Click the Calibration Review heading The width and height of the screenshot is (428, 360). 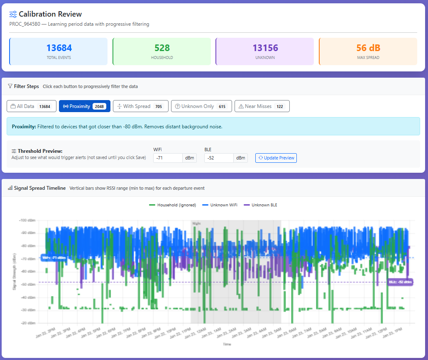[50, 14]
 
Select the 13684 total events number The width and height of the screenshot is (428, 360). [59, 48]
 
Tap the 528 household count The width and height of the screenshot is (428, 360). [162, 48]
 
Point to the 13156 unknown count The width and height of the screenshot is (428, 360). [265, 48]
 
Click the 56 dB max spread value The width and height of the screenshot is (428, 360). [368, 48]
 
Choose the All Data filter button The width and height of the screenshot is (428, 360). [31, 106]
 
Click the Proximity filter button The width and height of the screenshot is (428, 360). [85, 106]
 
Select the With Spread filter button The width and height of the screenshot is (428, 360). [140, 106]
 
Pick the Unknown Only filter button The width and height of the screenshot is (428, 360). [201, 106]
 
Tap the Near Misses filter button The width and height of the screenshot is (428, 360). [262, 106]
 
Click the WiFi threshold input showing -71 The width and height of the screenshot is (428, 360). [168, 158]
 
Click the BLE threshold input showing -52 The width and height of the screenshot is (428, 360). [219, 158]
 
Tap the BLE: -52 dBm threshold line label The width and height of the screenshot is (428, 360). [400, 282]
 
